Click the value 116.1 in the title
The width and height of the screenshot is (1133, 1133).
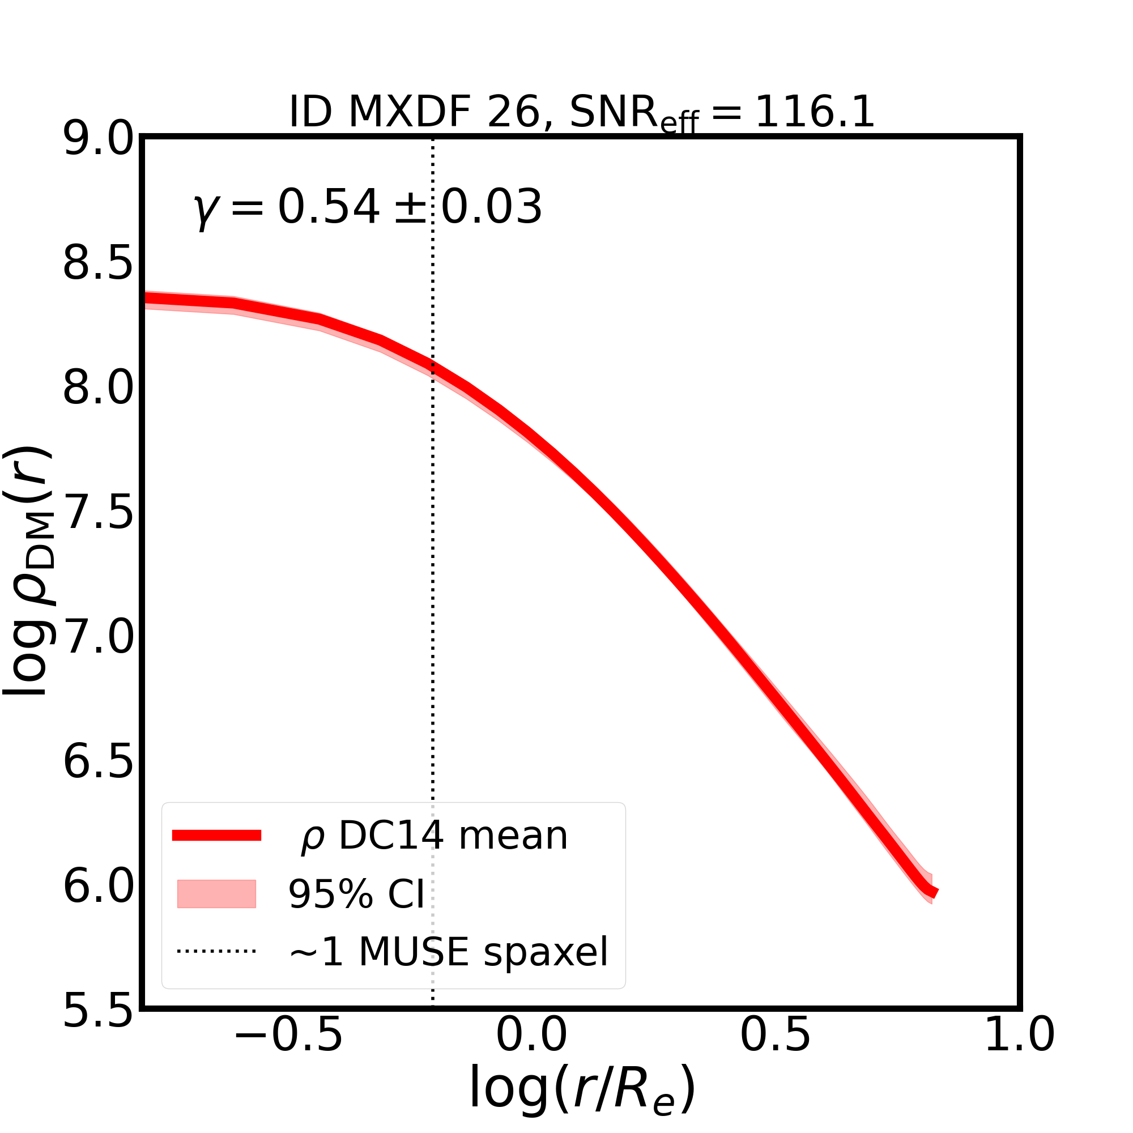pos(815,112)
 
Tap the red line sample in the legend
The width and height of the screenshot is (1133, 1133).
pos(216,836)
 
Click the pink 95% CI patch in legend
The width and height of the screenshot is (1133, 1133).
pos(216,895)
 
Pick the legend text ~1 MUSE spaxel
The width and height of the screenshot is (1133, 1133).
pos(449,952)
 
